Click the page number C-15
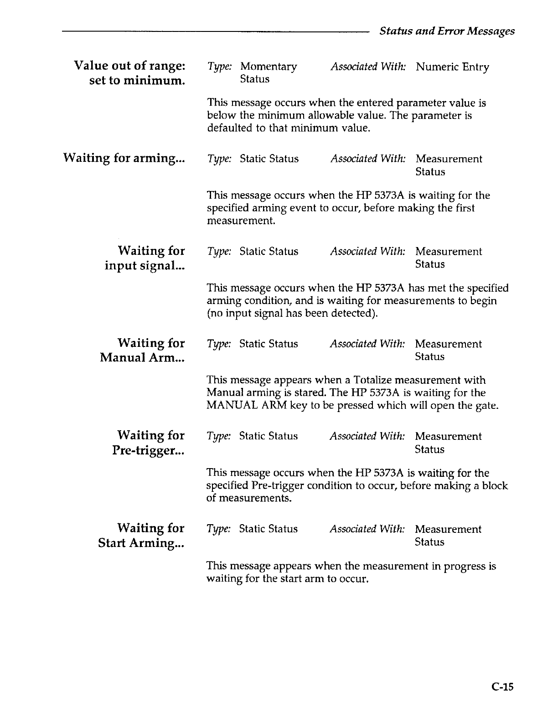pos(502,686)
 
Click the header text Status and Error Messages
pos(447,31)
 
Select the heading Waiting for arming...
pos(124,158)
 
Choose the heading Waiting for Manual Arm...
pos(142,350)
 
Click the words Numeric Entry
pos(452,67)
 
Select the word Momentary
pos(269,67)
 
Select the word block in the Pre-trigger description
pos(495,486)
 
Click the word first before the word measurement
pos(464,208)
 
